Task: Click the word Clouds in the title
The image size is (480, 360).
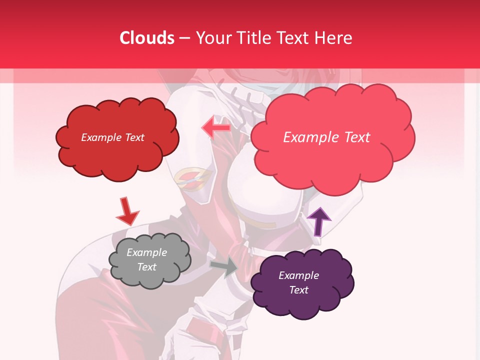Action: (x=147, y=38)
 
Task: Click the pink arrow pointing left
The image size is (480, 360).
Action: (x=216, y=128)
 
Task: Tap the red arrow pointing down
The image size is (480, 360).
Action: (x=127, y=212)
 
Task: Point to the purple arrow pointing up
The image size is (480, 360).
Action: (x=318, y=221)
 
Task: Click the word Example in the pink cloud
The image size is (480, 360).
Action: (x=309, y=137)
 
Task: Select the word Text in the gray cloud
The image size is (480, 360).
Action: (x=146, y=267)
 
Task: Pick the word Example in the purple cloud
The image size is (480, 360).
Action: (x=298, y=275)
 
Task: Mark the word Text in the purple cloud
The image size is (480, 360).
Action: (x=298, y=290)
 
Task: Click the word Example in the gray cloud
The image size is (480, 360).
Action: (x=146, y=252)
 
